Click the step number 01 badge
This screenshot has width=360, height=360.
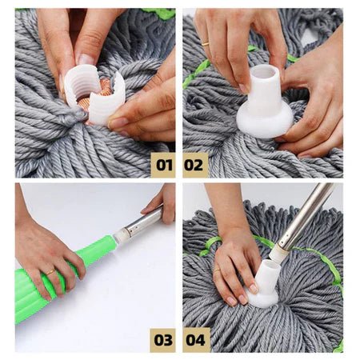tap(163, 165)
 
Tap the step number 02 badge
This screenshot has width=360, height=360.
tap(195, 165)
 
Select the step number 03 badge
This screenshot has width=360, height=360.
tap(163, 340)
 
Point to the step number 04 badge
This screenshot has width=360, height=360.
tap(196, 340)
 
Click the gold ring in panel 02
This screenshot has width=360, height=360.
tap(205, 44)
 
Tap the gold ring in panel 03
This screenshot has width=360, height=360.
tap(50, 272)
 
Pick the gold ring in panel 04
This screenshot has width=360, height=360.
tap(217, 270)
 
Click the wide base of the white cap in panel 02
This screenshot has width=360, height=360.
tap(265, 122)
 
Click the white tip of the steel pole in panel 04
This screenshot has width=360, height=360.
tap(278, 251)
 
